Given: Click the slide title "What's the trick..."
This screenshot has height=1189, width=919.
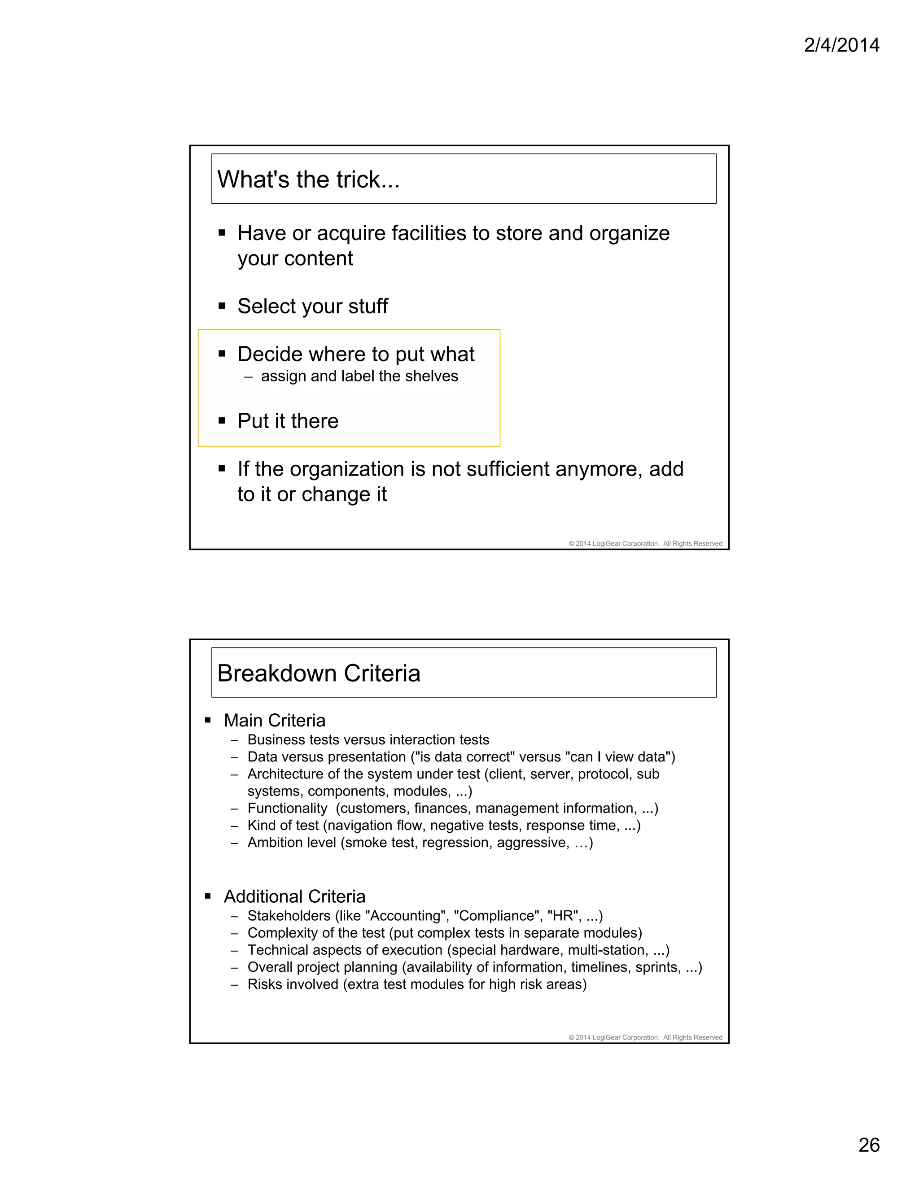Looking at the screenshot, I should click(x=308, y=179).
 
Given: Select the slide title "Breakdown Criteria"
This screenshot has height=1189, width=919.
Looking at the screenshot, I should click(x=319, y=673).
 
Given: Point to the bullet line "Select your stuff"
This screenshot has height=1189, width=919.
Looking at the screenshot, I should click(x=312, y=306).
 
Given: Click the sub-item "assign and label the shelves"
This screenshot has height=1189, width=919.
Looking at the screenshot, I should click(x=359, y=376).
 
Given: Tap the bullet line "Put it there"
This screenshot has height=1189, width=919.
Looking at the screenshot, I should click(x=288, y=421).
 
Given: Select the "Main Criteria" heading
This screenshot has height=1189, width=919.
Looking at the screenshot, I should click(x=274, y=721).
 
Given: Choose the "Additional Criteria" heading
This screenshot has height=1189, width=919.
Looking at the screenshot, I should click(x=294, y=896).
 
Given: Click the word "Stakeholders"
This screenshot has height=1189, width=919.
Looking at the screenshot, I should click(x=289, y=916).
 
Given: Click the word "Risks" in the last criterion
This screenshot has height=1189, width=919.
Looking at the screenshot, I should click(x=266, y=984).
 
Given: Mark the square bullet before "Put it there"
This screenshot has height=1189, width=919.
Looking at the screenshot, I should click(x=222, y=421).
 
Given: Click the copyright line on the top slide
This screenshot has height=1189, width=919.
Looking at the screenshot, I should click(x=645, y=543).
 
